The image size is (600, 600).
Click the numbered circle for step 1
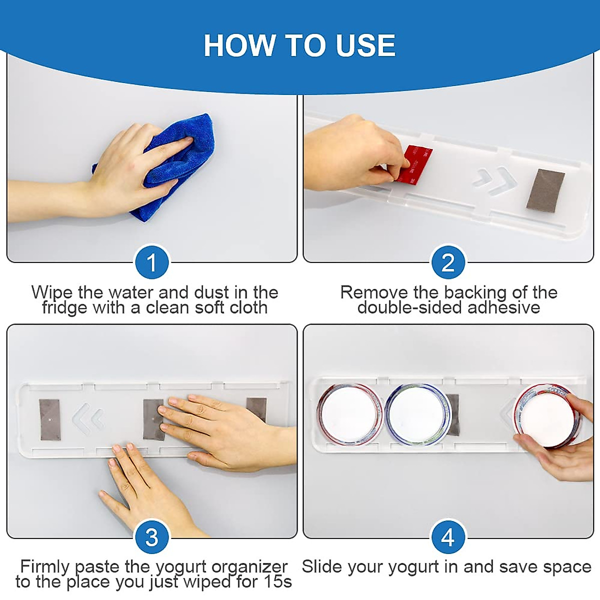point(152,262)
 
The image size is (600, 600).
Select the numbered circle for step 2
point(448,262)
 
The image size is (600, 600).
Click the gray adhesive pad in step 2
point(545,190)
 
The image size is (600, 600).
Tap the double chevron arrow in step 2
point(494,181)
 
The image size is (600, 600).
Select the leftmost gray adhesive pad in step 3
point(50,419)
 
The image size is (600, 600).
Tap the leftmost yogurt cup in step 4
point(350,414)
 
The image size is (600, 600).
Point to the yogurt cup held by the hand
point(547,415)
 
